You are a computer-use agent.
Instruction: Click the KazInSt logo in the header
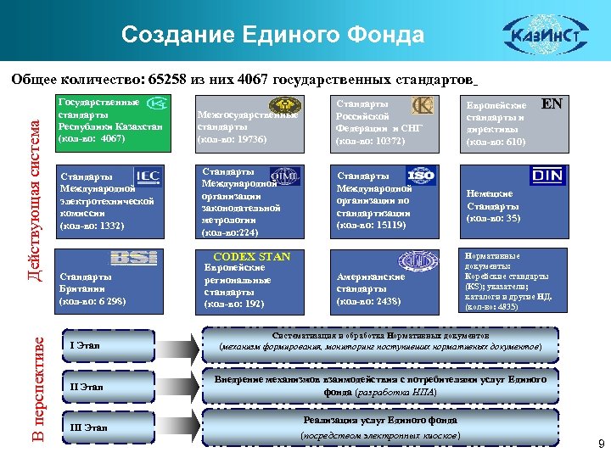539,36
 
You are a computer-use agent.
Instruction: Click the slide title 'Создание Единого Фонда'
272,35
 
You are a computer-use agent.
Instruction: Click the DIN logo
547,176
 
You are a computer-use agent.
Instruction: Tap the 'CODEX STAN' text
251,256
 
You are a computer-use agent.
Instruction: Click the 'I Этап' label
84,346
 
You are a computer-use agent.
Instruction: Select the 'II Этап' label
86,387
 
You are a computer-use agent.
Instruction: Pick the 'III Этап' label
87,427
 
